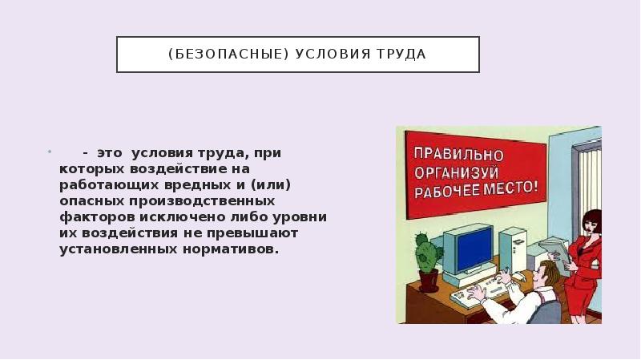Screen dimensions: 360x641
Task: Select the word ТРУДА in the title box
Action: pyautogui.click(x=400, y=55)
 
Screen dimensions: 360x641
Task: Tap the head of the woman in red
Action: pyautogui.click(x=591, y=223)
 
